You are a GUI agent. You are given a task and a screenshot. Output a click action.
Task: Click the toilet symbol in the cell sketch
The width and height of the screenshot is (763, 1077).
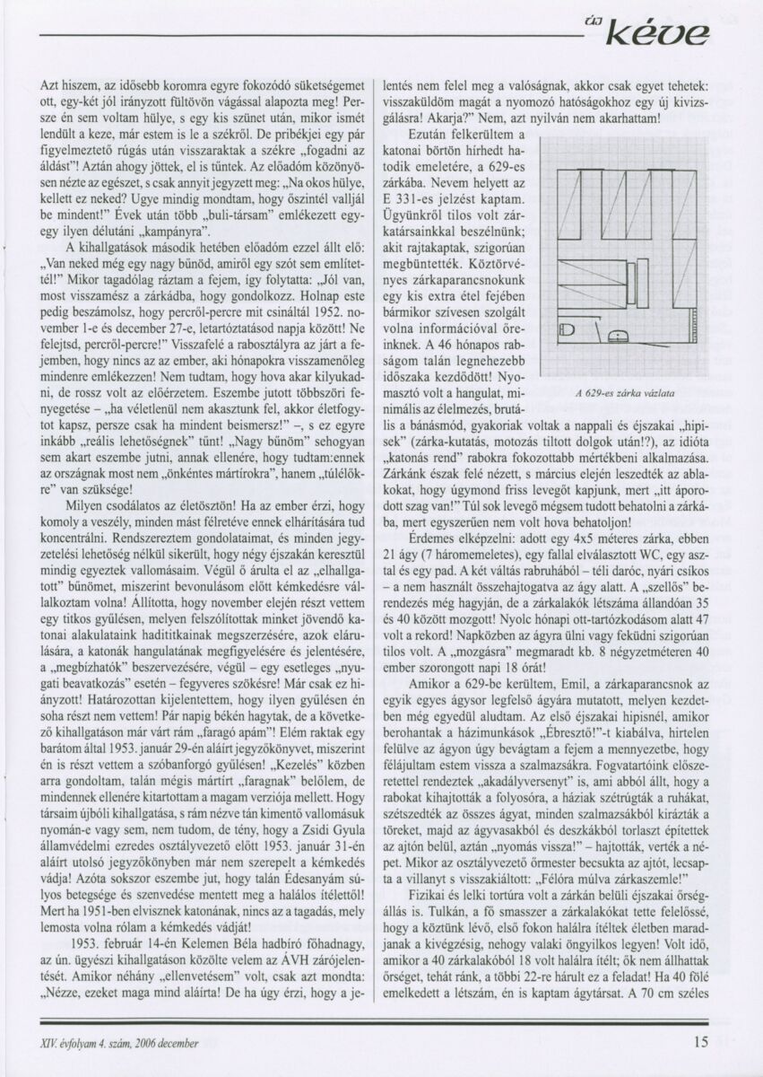pyautogui.click(x=567, y=330)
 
